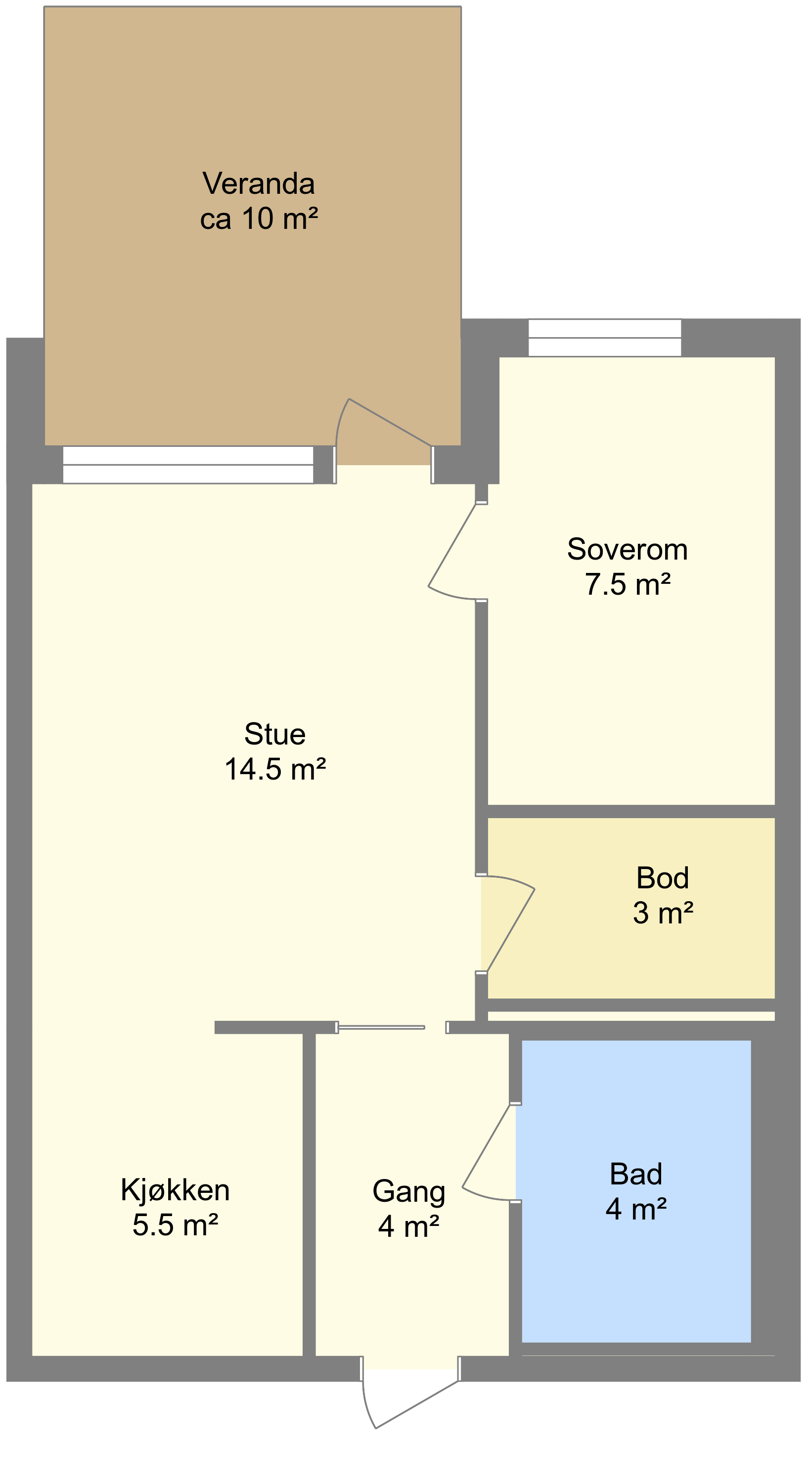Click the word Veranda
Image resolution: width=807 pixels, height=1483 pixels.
[259, 184]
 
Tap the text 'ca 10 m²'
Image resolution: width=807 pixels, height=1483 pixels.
[259, 219]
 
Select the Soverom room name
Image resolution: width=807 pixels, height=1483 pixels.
[628, 549]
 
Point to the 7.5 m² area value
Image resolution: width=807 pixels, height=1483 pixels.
[628, 584]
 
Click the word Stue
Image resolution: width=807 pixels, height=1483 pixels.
[275, 734]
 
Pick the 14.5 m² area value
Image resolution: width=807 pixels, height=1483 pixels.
[275, 769]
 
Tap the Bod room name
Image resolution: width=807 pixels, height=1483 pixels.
[663, 878]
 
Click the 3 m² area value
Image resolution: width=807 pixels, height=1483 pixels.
[663, 913]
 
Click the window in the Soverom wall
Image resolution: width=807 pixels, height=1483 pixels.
[605, 338]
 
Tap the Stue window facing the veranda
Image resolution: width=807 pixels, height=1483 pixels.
[188, 465]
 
